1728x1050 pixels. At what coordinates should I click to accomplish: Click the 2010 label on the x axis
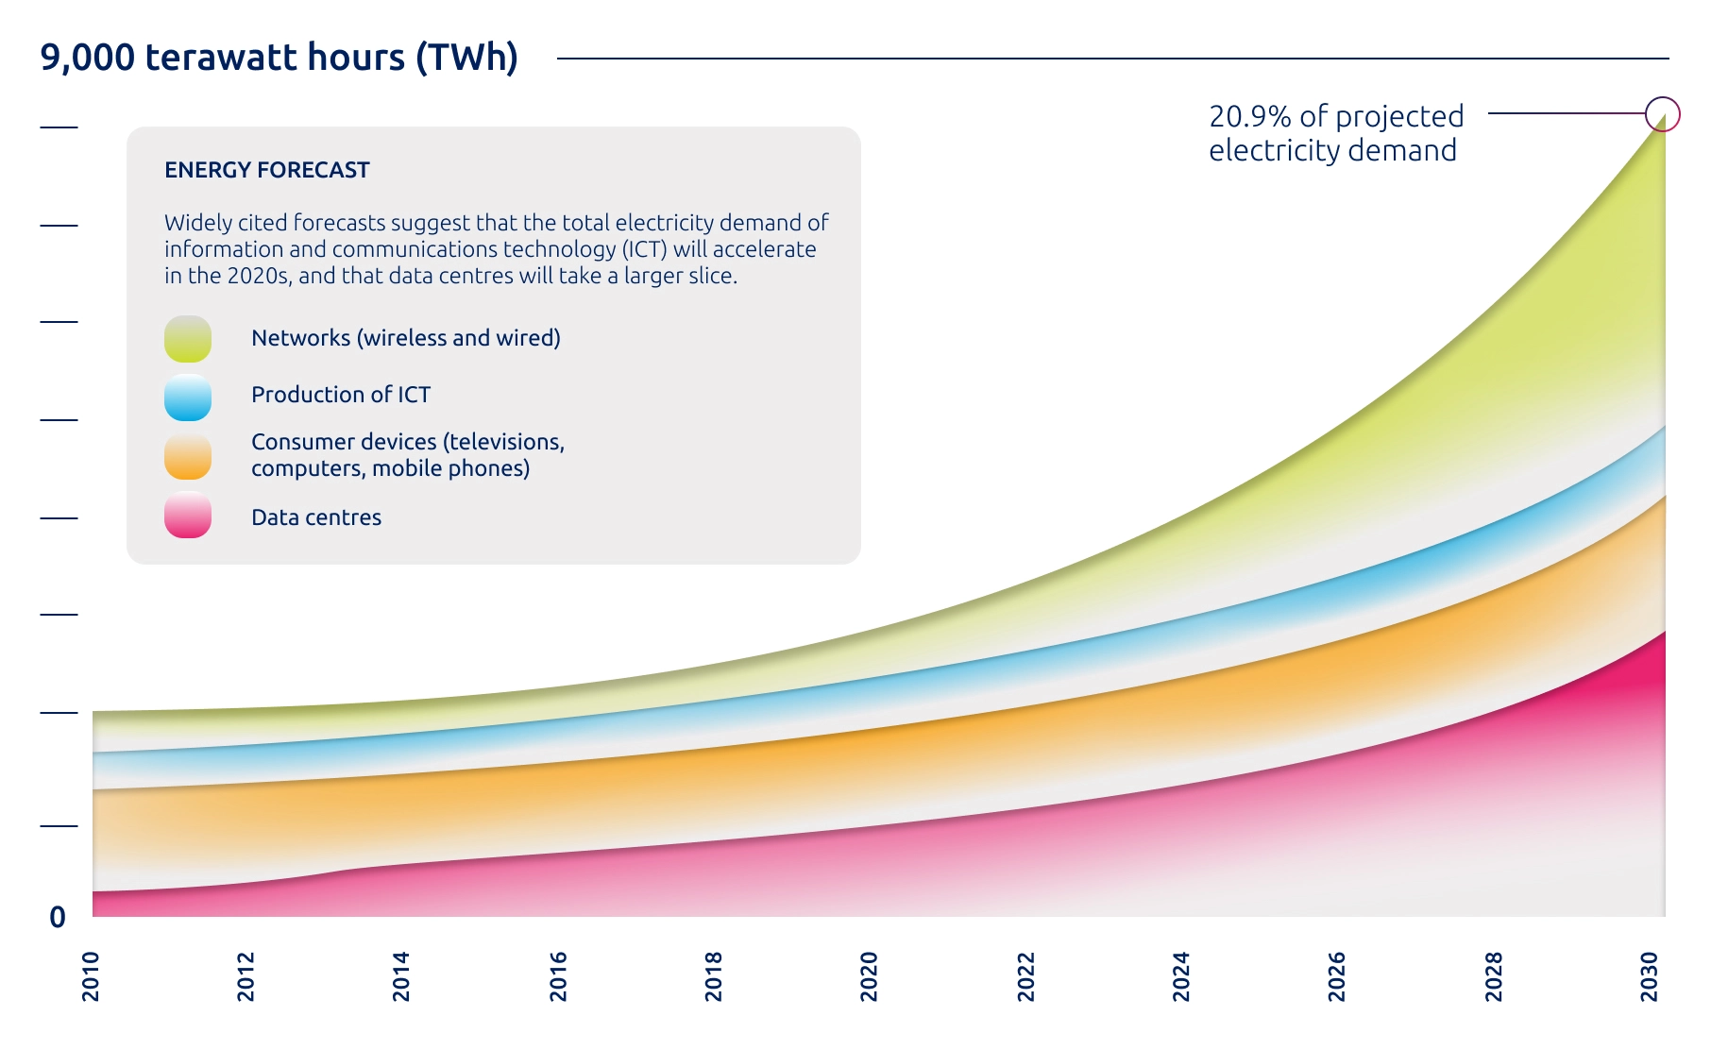click(91, 976)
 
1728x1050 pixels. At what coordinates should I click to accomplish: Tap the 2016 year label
click(558, 976)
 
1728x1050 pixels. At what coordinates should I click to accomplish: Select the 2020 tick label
click(870, 976)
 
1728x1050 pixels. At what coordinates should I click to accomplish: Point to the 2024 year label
click(1181, 976)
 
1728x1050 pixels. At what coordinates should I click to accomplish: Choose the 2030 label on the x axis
click(1650, 976)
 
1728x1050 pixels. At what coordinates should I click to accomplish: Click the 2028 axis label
click(1494, 976)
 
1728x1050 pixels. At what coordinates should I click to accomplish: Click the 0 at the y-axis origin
click(58, 917)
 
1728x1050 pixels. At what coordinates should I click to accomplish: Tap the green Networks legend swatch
click(188, 339)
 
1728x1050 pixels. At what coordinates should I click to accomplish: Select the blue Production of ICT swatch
click(188, 398)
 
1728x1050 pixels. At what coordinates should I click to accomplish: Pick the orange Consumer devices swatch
click(188, 457)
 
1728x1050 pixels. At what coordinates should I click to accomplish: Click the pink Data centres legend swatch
click(188, 516)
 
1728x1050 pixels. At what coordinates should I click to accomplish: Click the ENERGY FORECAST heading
click(267, 170)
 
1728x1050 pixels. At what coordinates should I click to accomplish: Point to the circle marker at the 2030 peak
click(1663, 114)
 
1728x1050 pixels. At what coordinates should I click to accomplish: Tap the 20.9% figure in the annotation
click(1250, 116)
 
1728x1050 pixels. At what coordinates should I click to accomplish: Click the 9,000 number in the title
click(88, 59)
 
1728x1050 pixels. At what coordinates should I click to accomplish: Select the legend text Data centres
click(316, 517)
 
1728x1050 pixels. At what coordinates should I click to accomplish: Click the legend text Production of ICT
click(341, 395)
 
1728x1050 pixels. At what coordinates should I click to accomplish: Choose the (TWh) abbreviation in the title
click(467, 59)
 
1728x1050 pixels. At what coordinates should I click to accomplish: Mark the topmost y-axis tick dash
click(59, 127)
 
